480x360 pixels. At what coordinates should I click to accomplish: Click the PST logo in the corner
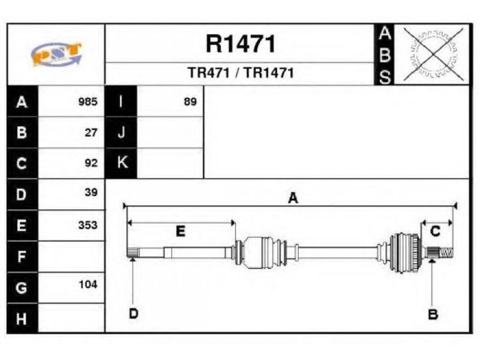point(56,55)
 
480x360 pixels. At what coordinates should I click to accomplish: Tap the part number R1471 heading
point(241,44)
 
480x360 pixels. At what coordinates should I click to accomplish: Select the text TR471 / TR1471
point(241,73)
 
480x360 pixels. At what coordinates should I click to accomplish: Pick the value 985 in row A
point(88,101)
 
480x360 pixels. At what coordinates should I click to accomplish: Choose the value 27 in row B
point(91,133)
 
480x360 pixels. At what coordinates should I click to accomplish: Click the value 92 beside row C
point(91,163)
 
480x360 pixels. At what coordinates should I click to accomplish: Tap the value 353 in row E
point(88,225)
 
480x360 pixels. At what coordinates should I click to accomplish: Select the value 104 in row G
point(88,284)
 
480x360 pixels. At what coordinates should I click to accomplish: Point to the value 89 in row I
point(190,101)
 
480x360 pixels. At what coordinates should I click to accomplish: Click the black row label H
point(22,319)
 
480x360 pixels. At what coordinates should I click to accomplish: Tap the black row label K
point(121,163)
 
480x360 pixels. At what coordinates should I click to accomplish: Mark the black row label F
point(22,257)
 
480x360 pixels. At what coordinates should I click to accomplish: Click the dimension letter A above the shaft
point(293,198)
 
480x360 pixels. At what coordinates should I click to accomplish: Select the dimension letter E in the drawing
point(181,231)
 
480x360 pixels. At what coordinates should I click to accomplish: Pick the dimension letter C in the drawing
point(435,231)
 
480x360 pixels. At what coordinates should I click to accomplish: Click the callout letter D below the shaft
point(134,313)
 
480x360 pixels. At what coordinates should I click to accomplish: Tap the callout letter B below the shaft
point(433,314)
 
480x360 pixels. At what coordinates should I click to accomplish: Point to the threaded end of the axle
point(446,253)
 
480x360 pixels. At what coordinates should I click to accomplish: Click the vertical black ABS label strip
point(385,55)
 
